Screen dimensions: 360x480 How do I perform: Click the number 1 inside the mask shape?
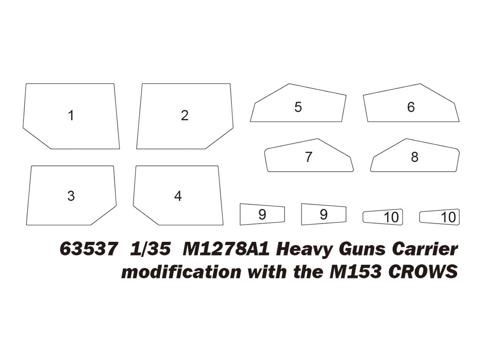(x=71, y=115)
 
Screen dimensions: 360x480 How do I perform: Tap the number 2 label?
(x=185, y=115)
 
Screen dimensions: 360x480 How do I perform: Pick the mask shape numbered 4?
(x=177, y=195)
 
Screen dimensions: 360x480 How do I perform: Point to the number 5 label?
(x=298, y=107)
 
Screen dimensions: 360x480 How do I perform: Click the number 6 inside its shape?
(x=411, y=107)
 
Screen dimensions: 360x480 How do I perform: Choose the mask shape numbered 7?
(x=308, y=157)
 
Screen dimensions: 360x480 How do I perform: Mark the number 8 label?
(x=414, y=157)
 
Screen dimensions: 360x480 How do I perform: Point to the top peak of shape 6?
(x=420, y=84)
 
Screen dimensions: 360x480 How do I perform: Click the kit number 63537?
(x=88, y=249)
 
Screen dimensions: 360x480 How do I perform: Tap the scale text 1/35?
(x=149, y=249)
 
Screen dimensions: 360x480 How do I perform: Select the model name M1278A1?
(x=225, y=249)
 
